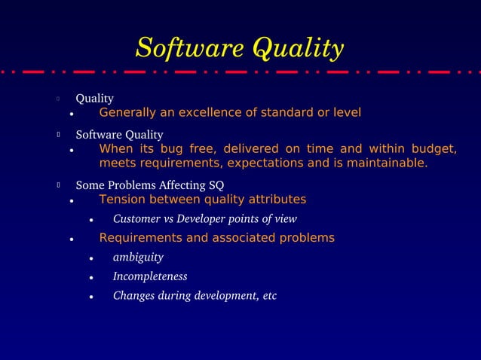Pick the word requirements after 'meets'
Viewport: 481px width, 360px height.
tap(176, 163)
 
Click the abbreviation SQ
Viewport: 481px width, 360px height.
tap(216, 185)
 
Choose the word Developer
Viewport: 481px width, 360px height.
tap(210, 219)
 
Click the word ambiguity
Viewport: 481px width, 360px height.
tap(138, 258)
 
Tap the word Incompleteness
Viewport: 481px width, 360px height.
tap(150, 276)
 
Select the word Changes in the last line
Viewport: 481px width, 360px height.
tap(134, 295)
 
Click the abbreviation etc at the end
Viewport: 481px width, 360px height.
tap(269, 295)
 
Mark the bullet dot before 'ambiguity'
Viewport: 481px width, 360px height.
tap(90, 258)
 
